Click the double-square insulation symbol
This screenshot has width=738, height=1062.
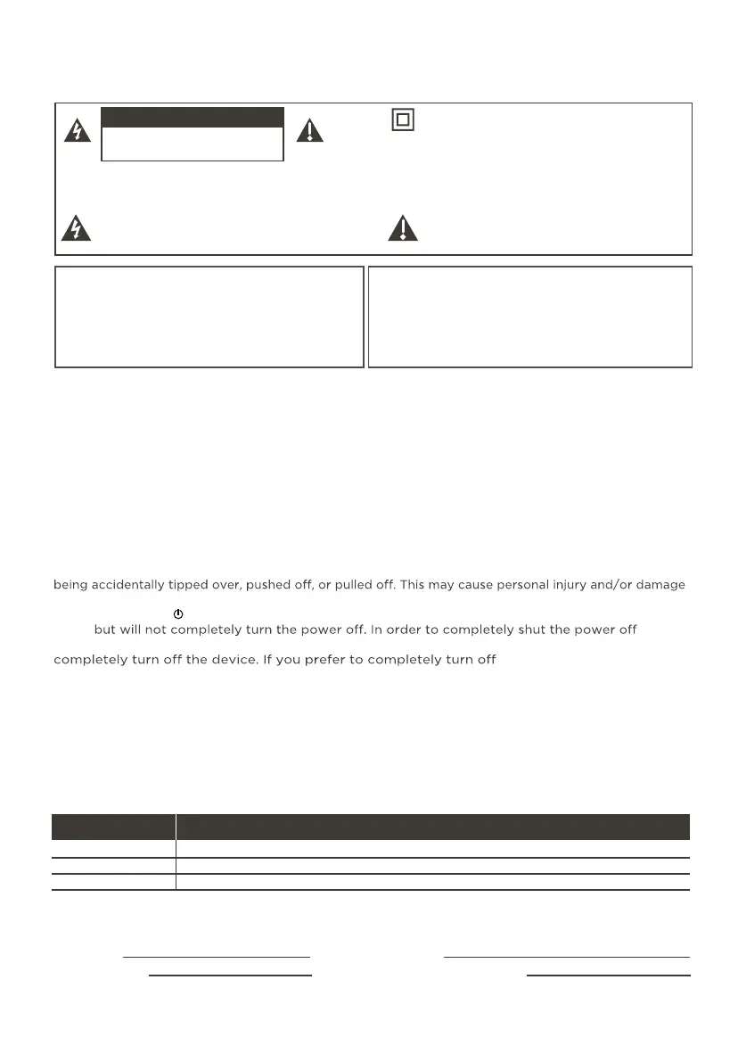tap(403, 119)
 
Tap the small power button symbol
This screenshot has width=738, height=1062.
tap(177, 614)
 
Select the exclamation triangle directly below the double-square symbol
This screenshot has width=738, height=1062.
tap(403, 229)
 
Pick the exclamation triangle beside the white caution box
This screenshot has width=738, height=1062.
tap(311, 130)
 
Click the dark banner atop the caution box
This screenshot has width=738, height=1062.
tap(193, 119)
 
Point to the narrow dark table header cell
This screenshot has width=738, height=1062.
tap(113, 827)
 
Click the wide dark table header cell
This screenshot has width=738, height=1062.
tap(433, 827)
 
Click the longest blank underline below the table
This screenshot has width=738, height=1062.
tap(567, 957)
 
